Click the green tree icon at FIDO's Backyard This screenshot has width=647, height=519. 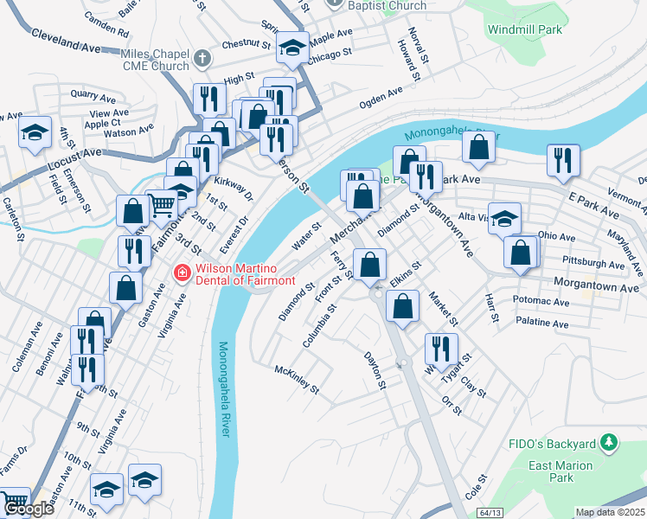[x=609, y=443]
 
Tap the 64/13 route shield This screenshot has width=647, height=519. [x=489, y=512]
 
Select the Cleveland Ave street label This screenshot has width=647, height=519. [x=66, y=39]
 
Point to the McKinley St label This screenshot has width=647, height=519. [x=297, y=378]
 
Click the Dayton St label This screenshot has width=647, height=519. [x=374, y=370]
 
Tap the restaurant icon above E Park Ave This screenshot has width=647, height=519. [x=562, y=159]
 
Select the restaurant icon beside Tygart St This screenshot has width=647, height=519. [x=441, y=348]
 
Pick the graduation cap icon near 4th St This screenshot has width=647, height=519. [x=35, y=132]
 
